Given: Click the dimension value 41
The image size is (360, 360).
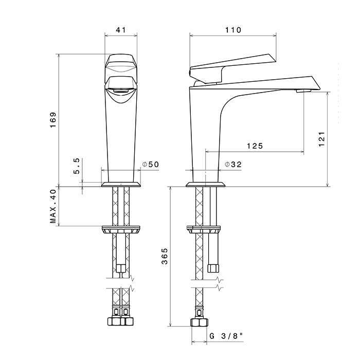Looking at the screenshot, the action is coord(121,30).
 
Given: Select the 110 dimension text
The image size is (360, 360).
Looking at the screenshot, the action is coord(233,30).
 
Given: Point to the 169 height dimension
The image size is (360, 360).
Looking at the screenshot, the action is coord(53,120).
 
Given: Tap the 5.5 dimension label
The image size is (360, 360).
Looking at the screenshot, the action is coord(77,166).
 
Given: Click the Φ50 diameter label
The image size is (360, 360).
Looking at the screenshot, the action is coord(150,165).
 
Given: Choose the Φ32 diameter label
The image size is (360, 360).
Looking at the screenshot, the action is coord(233,165).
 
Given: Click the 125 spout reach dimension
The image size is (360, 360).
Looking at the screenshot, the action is coord(255,146).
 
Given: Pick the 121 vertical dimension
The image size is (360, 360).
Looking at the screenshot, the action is coord(322,139).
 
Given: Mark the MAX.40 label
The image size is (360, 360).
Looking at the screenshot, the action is coord(53,206).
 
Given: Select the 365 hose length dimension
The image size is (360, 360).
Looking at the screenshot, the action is coord(165,256).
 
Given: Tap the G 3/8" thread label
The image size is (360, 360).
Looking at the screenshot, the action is coord(226,336).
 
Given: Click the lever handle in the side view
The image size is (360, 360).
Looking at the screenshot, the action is coord(232,68).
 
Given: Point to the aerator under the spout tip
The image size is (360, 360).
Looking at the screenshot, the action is coord(303,91).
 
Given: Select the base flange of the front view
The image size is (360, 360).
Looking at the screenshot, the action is coord(121,184).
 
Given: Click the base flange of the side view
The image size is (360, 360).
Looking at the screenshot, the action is coord(206,184).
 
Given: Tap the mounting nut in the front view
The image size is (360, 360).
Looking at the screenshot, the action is coord(121,230).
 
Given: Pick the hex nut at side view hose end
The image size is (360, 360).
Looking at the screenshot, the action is coord(200,322).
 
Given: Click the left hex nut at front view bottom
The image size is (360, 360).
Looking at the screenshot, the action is coord(114,321).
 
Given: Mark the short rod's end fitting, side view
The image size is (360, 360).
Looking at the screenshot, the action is coord(213,268).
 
